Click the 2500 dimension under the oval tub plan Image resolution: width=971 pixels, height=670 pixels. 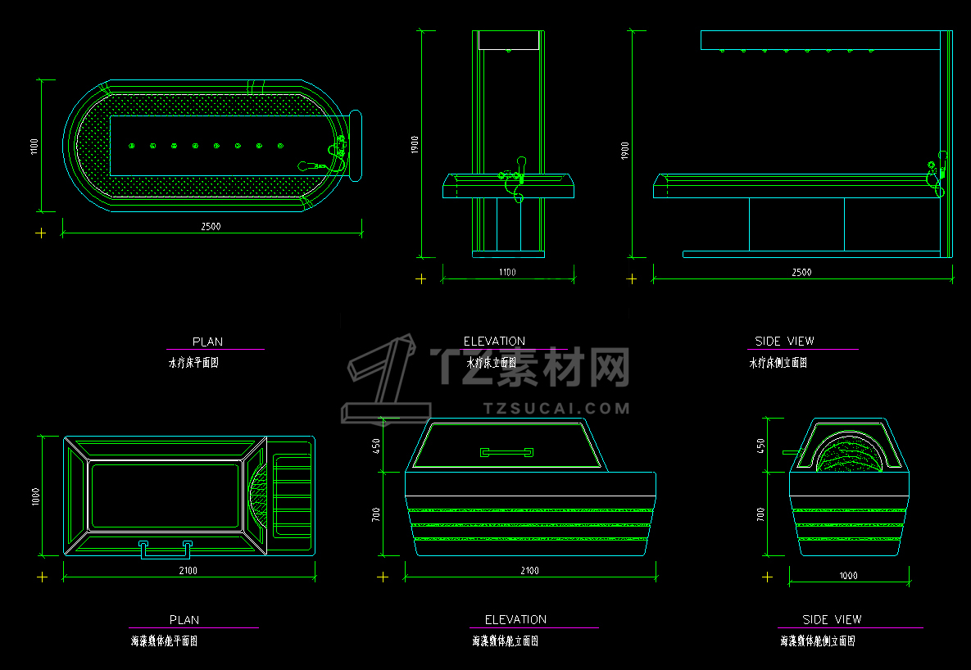[x=211, y=226]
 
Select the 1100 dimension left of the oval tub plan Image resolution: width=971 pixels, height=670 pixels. [x=34, y=146]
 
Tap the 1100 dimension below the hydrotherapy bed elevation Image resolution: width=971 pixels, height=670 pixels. [x=507, y=272]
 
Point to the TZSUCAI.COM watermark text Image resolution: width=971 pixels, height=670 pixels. [x=556, y=408]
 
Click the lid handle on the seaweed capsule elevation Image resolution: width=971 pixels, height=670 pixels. [x=506, y=451]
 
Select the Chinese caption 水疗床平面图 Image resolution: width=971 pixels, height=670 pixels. [x=193, y=362]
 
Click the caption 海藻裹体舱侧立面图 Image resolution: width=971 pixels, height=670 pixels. [x=817, y=641]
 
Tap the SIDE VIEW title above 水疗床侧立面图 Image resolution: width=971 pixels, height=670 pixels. [x=784, y=341]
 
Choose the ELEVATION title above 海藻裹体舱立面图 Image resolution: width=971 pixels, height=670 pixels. [x=515, y=619]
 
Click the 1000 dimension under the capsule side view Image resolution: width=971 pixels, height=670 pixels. [x=848, y=576]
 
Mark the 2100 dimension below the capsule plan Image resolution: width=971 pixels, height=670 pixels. [x=188, y=570]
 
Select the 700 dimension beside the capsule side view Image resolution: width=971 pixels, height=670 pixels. [x=760, y=515]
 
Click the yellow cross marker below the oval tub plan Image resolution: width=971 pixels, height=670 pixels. [x=41, y=233]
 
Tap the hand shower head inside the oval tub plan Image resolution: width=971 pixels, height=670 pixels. [x=305, y=165]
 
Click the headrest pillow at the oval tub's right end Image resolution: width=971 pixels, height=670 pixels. [x=355, y=145]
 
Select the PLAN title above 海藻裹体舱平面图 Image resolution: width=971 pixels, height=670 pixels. [x=184, y=620]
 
